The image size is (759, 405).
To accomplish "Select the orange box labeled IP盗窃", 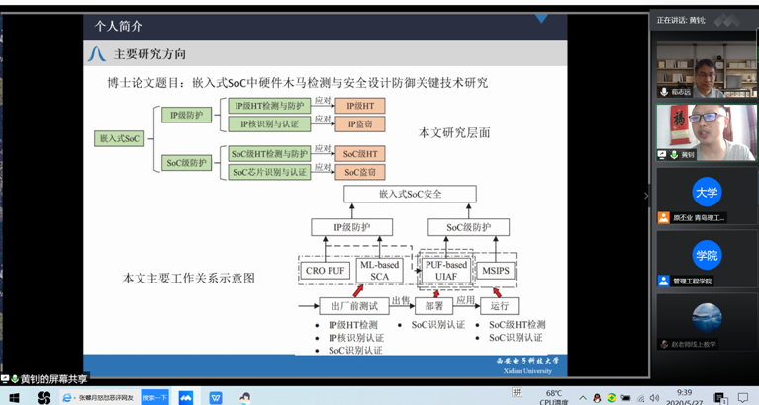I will point(359,124).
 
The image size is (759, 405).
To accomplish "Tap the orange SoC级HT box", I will point(359,154).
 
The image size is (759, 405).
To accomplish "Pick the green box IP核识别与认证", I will point(269,124).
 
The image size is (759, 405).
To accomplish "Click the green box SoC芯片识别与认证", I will point(269,172).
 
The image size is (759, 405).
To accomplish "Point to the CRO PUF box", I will point(326,271).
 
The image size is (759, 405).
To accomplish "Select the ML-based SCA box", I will point(380,270).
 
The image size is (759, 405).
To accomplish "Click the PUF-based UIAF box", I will point(445,270).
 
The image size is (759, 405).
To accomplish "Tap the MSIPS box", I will point(495,271).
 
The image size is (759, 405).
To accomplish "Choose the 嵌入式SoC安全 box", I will point(410,195).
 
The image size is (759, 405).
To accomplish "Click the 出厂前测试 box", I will point(353,306).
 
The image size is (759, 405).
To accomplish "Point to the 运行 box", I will point(499,306).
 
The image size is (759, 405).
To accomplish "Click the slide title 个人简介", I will point(119,27).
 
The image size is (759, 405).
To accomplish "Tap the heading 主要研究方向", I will point(149,54).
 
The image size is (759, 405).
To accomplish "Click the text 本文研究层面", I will point(454,132).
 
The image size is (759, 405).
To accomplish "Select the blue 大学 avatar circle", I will point(706,193).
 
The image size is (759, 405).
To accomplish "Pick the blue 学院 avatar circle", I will point(706,255).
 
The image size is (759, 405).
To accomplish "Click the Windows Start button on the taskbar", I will point(14,397).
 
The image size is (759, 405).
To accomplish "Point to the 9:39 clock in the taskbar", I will point(684,392).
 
